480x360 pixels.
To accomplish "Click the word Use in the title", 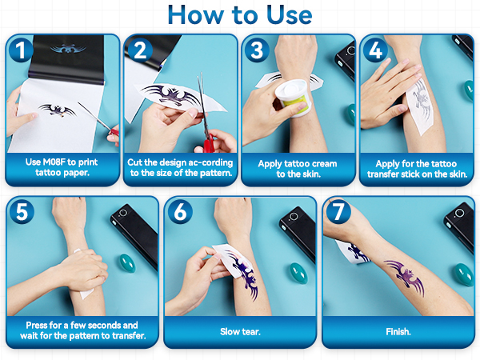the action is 290,14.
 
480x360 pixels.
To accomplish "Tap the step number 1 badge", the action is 21,50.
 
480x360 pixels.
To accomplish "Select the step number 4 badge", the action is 375,50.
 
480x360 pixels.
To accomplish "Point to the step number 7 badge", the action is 338,211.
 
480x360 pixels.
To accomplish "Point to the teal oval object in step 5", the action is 126,263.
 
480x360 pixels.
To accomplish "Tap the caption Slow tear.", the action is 240,331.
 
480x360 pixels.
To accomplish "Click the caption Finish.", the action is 398,331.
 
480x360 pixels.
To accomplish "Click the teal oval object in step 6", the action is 298,273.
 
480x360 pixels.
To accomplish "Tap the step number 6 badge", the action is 180,211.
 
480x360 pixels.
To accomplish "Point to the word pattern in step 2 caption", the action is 215,174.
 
